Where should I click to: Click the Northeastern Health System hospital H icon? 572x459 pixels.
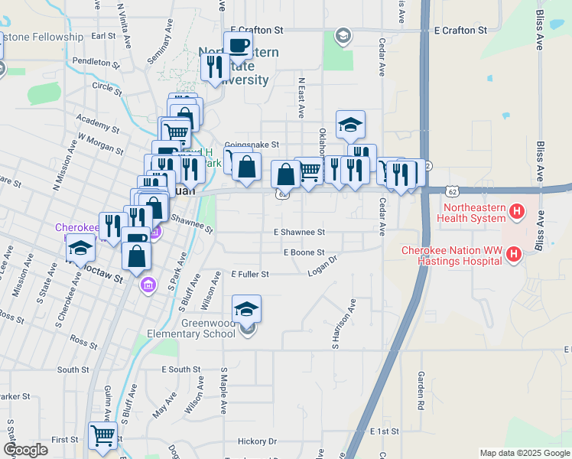coord(518,210)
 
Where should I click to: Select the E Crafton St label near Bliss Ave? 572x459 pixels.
coord(460,31)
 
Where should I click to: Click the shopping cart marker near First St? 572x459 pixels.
coord(102,436)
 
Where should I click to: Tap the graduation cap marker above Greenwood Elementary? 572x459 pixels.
coord(246,308)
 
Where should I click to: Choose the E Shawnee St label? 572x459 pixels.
coord(300,232)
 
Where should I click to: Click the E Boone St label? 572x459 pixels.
coord(304,252)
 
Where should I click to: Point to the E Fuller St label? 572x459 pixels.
coord(250,274)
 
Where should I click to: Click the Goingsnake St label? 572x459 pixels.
coord(252,144)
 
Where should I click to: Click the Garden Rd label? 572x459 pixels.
coord(421,389)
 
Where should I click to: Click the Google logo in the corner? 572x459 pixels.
coord(25,450)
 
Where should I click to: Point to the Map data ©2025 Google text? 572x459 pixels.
coord(524,453)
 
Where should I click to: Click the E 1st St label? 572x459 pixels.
coord(384,432)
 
